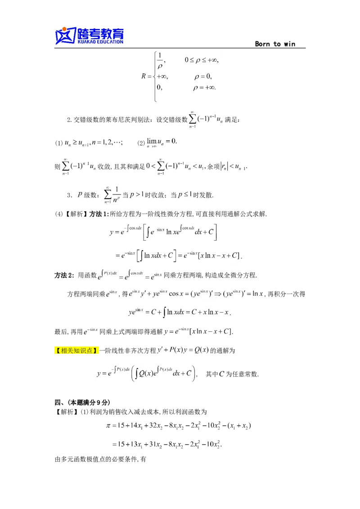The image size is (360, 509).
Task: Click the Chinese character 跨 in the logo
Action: tap(85, 33)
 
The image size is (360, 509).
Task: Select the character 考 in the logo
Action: tap(96, 33)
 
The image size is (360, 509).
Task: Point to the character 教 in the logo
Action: tap(108, 33)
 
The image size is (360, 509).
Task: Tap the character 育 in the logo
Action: tap(118, 33)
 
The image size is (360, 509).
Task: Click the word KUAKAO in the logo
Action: tap(87, 42)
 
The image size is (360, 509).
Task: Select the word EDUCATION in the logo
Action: tap(111, 42)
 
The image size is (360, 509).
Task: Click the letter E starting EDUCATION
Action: tap(99, 42)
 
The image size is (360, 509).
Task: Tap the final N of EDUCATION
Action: tap(121, 42)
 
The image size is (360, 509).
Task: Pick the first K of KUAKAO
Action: tap(79, 42)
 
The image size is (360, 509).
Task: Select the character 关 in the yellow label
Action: tap(71, 351)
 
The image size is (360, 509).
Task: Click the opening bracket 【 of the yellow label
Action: tap(58, 351)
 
